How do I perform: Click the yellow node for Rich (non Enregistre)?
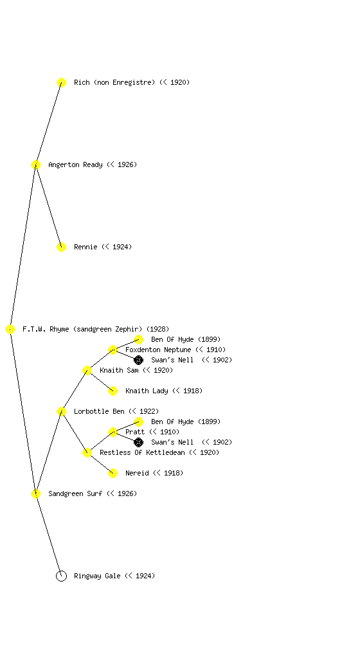(x=61, y=82)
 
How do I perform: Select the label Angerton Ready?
(x=75, y=164)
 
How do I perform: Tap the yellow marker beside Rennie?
(x=61, y=247)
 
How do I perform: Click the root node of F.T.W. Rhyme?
(x=10, y=329)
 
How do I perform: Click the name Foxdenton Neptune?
(x=158, y=350)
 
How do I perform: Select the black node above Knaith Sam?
(x=138, y=360)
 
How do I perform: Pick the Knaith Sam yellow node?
(x=87, y=370)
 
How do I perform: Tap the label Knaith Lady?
(x=147, y=391)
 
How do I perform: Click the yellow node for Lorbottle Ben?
(x=61, y=411)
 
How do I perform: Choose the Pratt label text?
(x=135, y=432)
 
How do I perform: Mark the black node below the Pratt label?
(x=138, y=442)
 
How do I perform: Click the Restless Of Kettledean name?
(x=142, y=452)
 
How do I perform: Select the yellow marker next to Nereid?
(x=113, y=473)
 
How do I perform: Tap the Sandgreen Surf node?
(x=35, y=493)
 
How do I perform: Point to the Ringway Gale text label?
(x=97, y=576)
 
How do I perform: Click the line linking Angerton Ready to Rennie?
(x=48, y=206)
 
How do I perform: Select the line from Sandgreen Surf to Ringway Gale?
(x=48, y=535)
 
